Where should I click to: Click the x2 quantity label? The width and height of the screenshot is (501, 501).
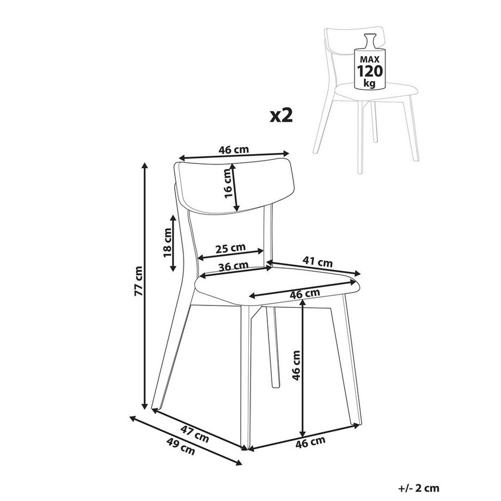coord(282,115)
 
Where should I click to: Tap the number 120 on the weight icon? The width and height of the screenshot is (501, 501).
coord(370,71)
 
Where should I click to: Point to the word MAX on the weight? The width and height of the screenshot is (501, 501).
coord(370,58)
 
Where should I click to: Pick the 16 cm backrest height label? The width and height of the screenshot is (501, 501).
coord(229,182)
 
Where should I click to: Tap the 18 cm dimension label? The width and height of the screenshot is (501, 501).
coord(167,243)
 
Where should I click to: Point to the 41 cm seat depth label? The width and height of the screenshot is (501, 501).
coord(318,262)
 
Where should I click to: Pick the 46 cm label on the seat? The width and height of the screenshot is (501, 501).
coord(304,294)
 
